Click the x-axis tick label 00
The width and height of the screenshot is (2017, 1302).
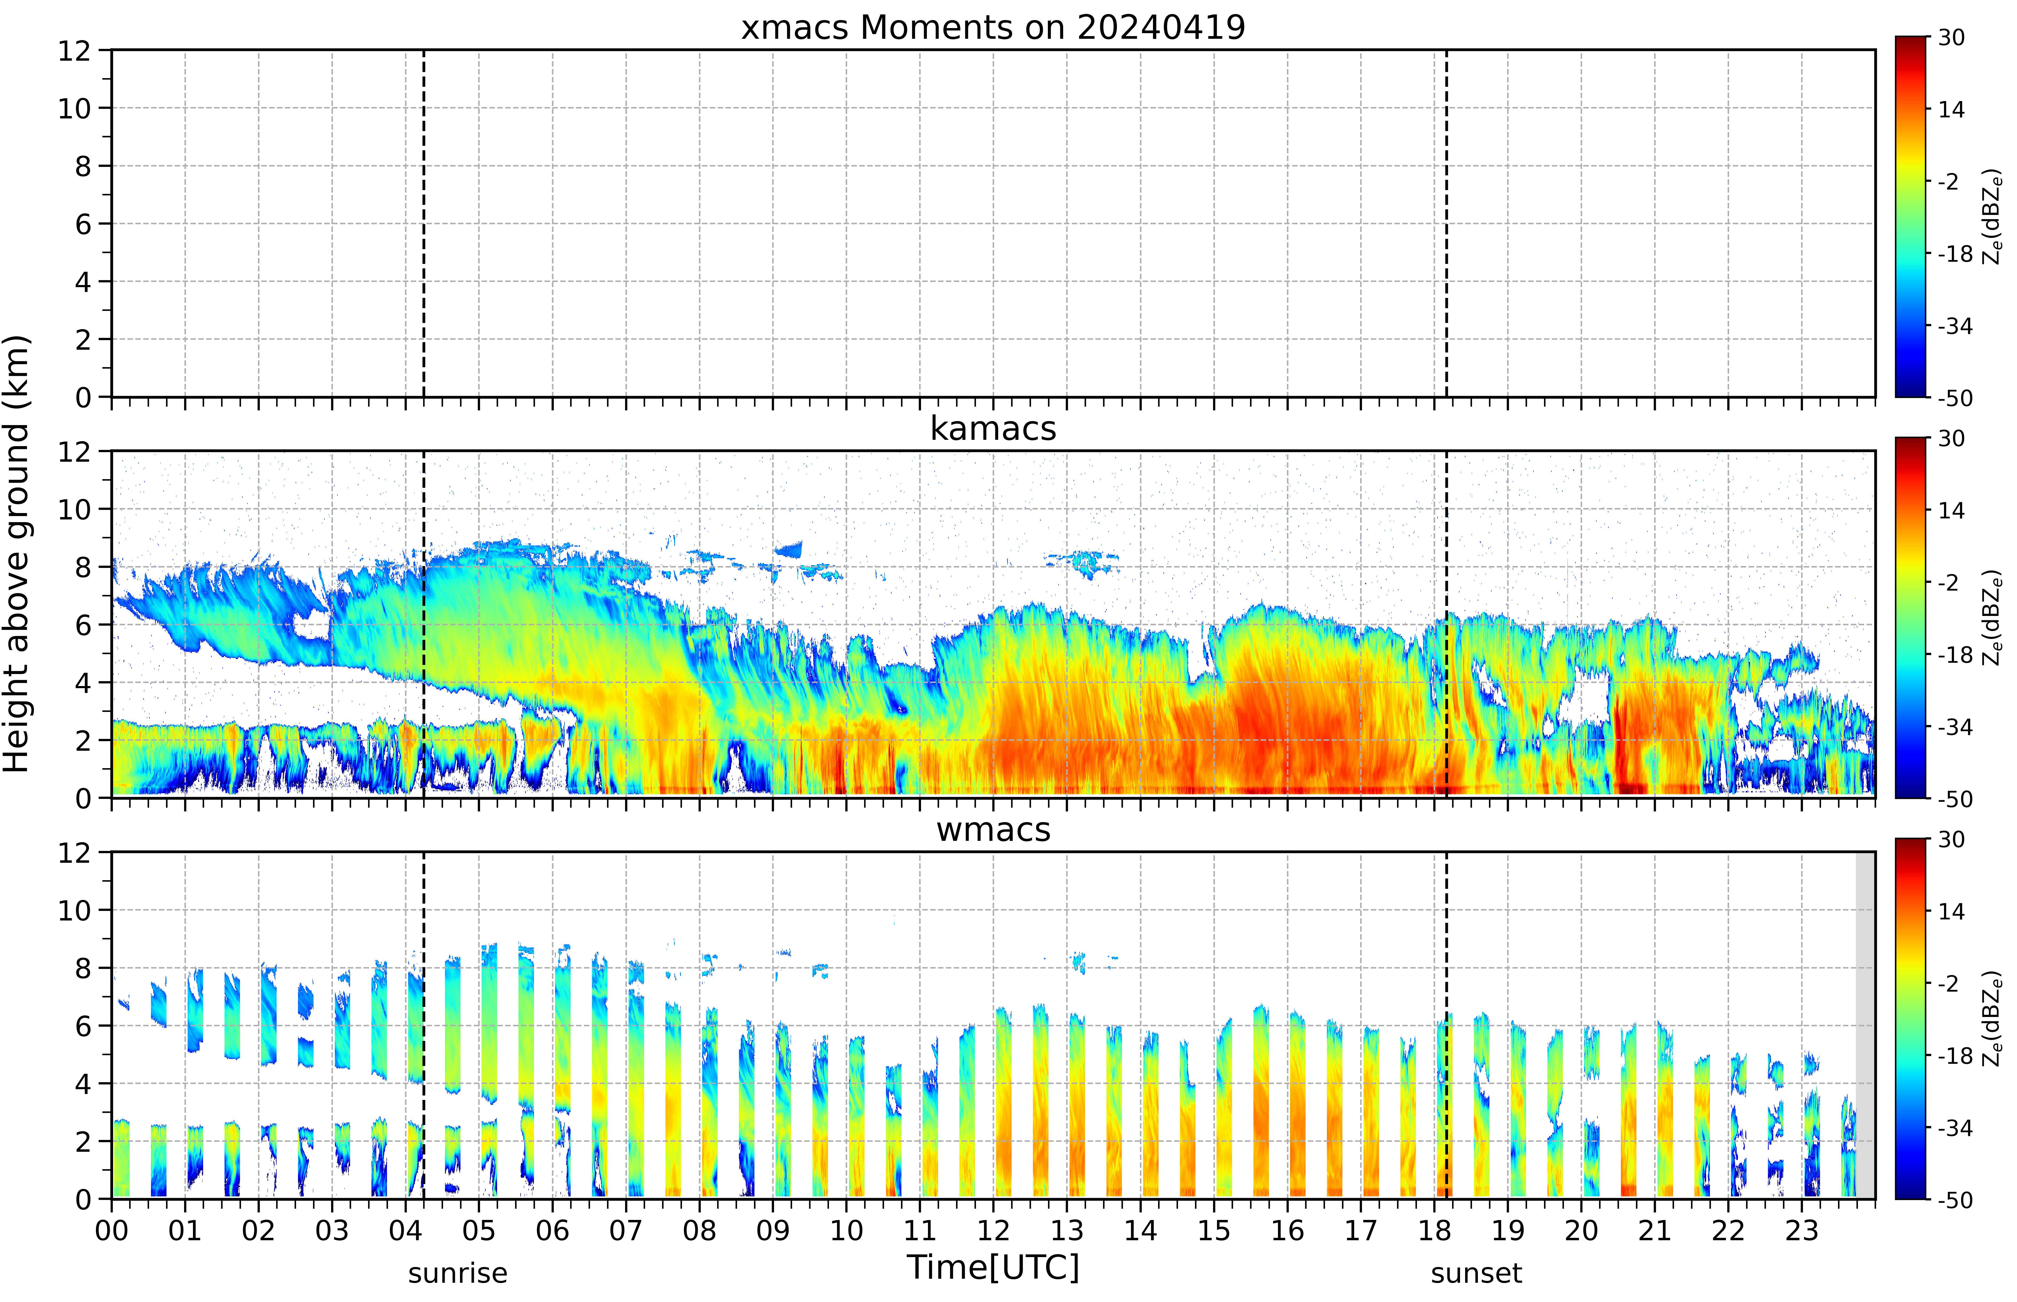111,1230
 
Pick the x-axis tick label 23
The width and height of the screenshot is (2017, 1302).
1802,1230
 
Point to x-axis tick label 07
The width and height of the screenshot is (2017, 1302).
626,1230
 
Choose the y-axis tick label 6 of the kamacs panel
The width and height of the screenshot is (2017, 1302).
83,625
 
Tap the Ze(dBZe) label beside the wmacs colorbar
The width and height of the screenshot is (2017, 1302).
1992,1019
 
